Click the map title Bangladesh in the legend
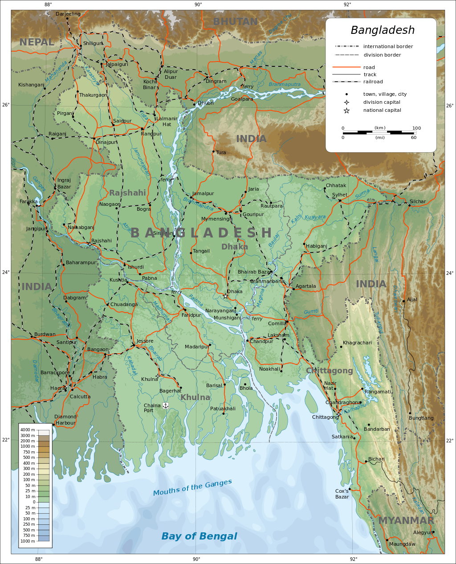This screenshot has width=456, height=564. click(x=383, y=30)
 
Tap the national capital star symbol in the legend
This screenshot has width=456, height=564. click(x=346, y=110)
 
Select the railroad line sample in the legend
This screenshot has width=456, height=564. click(x=346, y=82)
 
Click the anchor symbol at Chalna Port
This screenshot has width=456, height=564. click(x=165, y=405)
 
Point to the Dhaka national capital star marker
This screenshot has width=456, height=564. click(x=225, y=296)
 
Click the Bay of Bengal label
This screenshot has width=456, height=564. click(x=199, y=536)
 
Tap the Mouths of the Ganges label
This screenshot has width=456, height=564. click(x=192, y=487)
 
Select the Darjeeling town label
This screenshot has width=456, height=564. click(x=68, y=14)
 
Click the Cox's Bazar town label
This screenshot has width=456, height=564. click(x=342, y=494)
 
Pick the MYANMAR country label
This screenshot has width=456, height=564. click(x=406, y=520)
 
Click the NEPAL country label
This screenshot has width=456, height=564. click(x=37, y=42)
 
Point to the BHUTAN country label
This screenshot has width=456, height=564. click(x=235, y=21)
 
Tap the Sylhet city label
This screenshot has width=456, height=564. click(x=340, y=195)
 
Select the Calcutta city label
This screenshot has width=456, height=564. click(x=80, y=396)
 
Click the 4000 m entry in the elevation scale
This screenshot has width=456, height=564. click(x=28, y=430)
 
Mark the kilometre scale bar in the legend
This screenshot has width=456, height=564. click(x=379, y=132)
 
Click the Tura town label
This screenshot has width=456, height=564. click(x=221, y=152)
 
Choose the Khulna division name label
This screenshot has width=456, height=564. click(x=195, y=397)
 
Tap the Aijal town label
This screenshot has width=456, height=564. click(x=412, y=299)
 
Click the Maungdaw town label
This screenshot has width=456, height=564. click(x=402, y=544)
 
